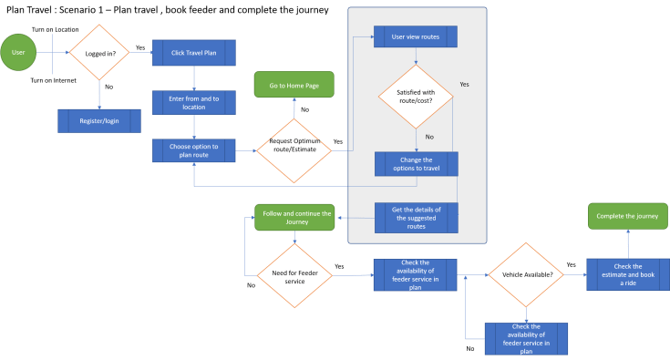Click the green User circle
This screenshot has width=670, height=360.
tap(18, 52)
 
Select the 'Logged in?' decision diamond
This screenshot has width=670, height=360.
tap(98, 52)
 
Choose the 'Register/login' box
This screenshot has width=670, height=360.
tap(99, 120)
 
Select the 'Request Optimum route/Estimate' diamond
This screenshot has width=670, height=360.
tap(293, 148)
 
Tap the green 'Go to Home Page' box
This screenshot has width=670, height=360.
tap(293, 86)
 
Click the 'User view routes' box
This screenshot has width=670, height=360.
tap(416, 37)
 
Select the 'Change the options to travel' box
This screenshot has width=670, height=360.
tap(416, 164)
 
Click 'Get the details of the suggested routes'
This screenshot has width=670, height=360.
tap(416, 217)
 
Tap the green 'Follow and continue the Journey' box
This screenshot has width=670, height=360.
tap(294, 217)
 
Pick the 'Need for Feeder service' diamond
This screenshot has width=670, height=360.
tap(294, 275)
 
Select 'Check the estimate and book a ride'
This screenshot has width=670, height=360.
tap(627, 274)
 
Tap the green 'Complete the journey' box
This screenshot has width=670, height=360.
tap(627, 217)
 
